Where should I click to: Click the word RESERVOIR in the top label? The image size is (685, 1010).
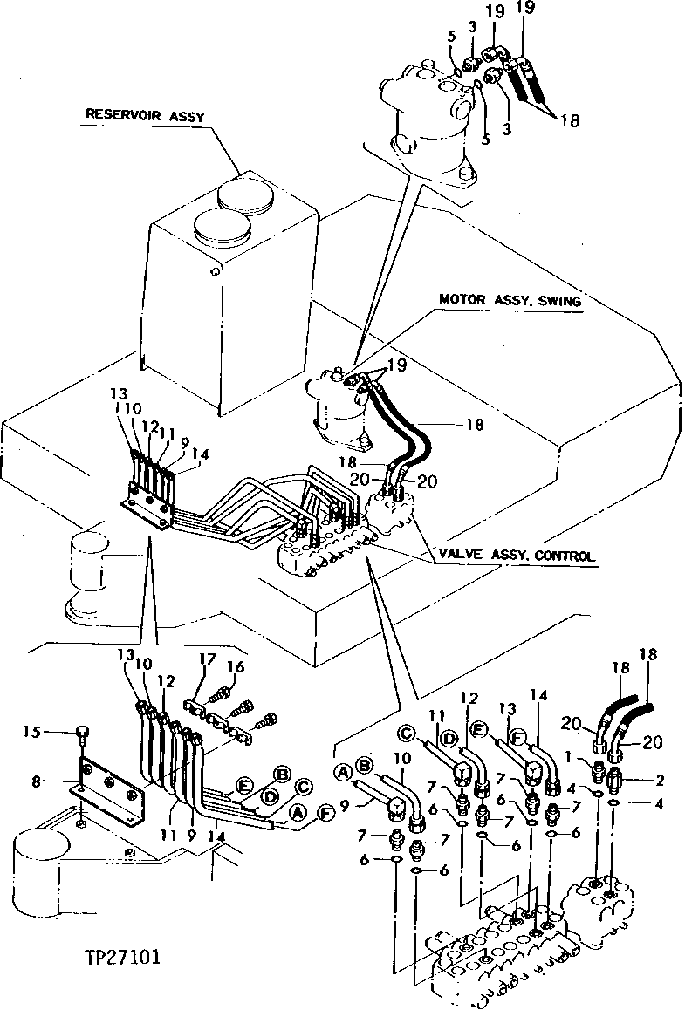tap(118, 113)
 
